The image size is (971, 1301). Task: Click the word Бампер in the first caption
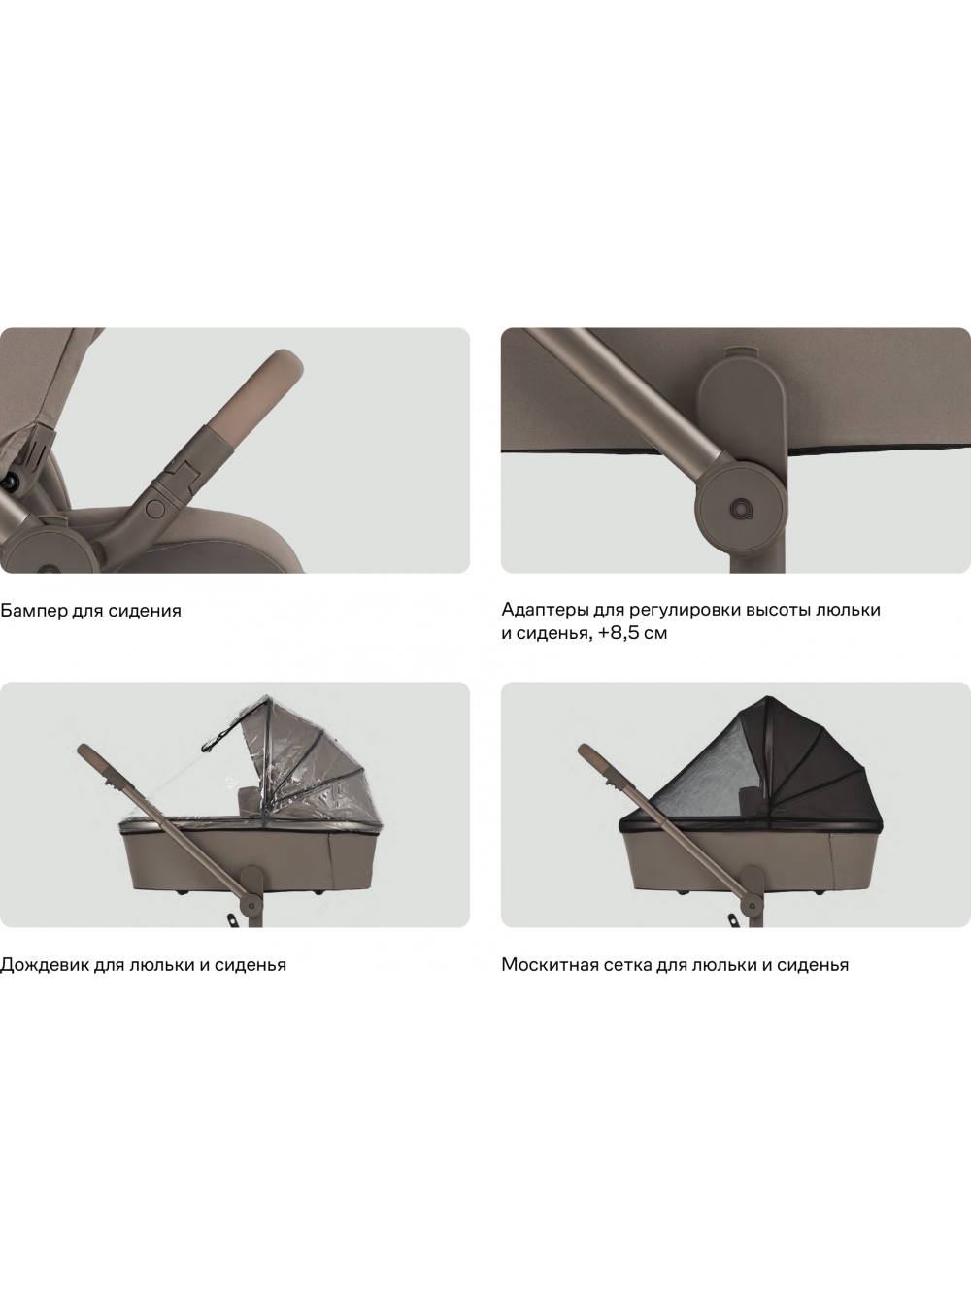pos(34,611)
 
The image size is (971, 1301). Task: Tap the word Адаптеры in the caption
pos(541,610)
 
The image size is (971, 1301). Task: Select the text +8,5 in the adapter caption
pos(618,634)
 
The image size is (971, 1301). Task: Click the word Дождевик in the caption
pos(45,965)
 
